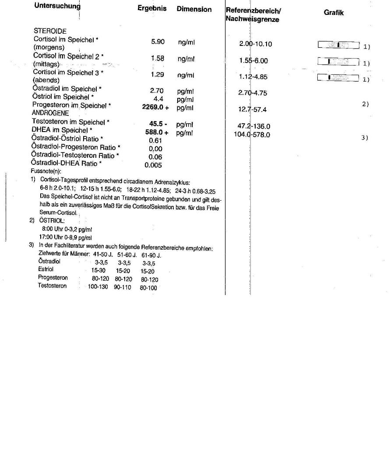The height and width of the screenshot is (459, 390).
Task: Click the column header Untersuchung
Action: [57, 6]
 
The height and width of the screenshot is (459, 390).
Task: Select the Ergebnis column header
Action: [152, 9]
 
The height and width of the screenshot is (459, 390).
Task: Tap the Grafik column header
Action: [334, 13]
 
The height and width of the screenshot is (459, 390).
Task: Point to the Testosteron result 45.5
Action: [156, 124]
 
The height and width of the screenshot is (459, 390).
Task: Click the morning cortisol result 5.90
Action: [158, 42]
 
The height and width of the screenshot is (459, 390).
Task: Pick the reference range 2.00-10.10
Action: [256, 44]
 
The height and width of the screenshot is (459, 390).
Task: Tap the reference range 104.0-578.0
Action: [252, 135]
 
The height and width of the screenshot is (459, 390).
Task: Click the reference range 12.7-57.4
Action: [253, 110]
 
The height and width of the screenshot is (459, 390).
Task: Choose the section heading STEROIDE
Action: [50, 31]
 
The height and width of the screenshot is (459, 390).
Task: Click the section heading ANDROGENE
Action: [50, 113]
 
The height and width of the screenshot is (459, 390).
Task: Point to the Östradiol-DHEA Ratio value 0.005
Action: [153, 165]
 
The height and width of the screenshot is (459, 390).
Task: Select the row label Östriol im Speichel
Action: [63, 97]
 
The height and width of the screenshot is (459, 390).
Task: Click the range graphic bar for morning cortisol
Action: [338, 45]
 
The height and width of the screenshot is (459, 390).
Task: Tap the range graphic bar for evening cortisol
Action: [338, 78]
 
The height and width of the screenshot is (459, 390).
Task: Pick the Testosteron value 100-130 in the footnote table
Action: [98, 287]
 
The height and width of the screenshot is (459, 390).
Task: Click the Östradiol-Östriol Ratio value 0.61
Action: [155, 141]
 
